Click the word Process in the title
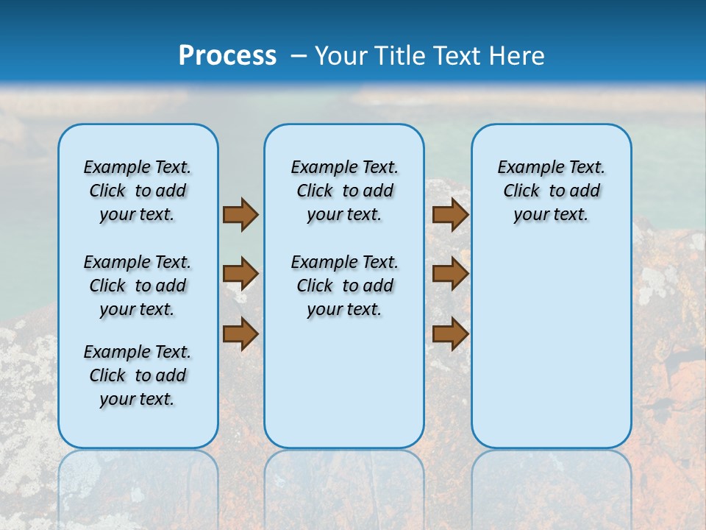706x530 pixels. click(227, 55)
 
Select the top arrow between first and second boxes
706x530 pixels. click(240, 214)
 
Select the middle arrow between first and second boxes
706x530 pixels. click(240, 274)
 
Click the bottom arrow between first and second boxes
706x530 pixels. click(240, 333)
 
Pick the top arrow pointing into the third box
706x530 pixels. click(450, 214)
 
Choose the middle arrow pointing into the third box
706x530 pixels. click(450, 274)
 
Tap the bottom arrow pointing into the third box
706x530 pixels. click(450, 333)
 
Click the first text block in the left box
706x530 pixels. click(138, 191)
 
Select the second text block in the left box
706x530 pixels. click(138, 286)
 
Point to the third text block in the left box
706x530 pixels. click(138, 375)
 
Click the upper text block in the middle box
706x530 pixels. click(344, 191)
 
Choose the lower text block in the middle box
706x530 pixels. click(344, 286)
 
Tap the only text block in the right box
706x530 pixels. click(551, 191)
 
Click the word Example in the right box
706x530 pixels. click(525, 168)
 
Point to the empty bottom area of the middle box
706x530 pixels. click(344, 390)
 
